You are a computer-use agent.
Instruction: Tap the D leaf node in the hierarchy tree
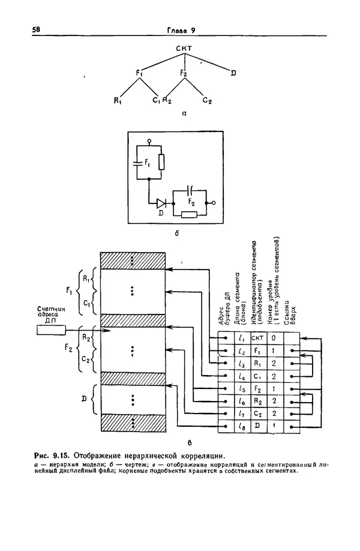pyautogui.click(x=233, y=73)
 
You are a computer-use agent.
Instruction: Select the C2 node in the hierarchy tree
pyautogui.click(x=208, y=100)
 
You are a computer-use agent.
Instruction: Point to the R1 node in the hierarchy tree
pyautogui.click(x=118, y=100)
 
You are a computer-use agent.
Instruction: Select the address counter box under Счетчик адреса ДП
pyautogui.click(x=52, y=329)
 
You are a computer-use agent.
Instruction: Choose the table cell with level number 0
pyautogui.click(x=274, y=337)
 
